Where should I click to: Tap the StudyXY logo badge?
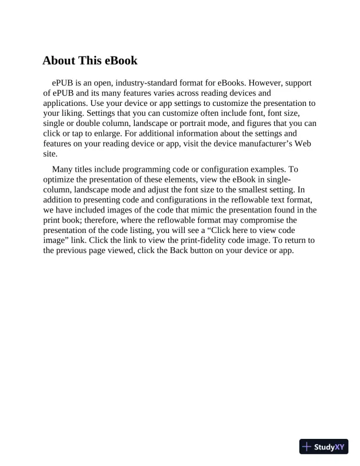click(324, 447)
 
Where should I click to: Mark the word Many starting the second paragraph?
click(63, 169)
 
